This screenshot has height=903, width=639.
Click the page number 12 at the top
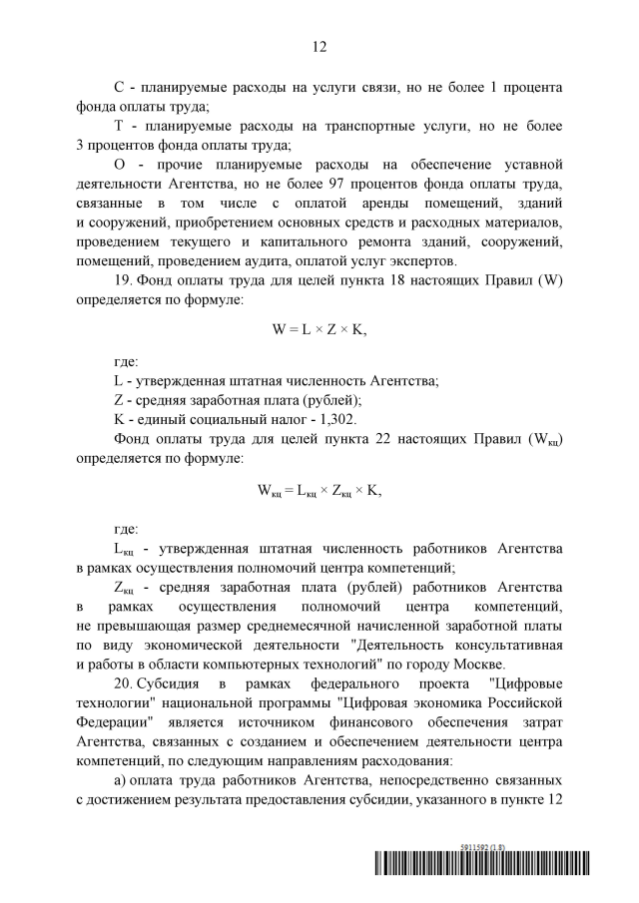click(319, 47)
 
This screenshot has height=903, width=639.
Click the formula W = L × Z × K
click(319, 326)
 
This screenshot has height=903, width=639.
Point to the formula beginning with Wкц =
click(319, 490)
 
